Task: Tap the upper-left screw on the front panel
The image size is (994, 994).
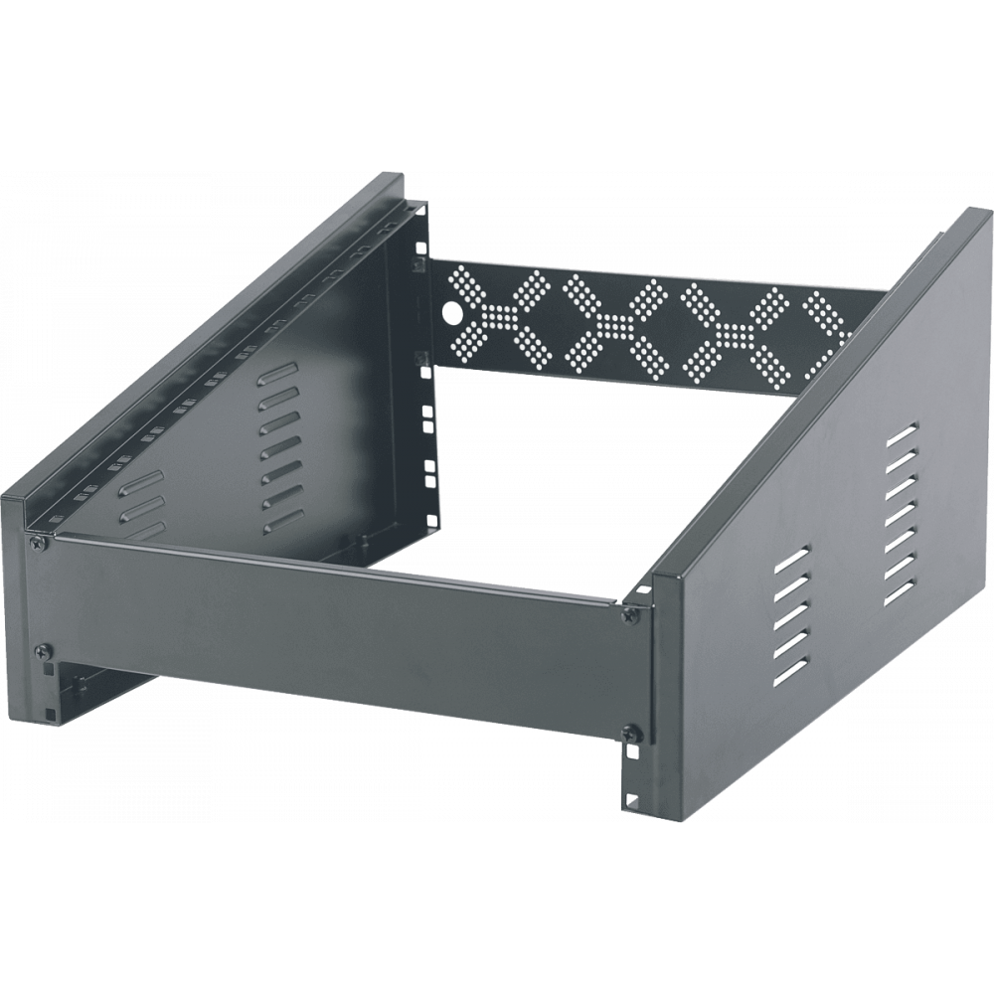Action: coord(37,543)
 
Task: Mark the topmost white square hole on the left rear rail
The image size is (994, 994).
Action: coord(421,248)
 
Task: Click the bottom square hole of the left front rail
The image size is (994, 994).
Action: coord(49,712)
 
